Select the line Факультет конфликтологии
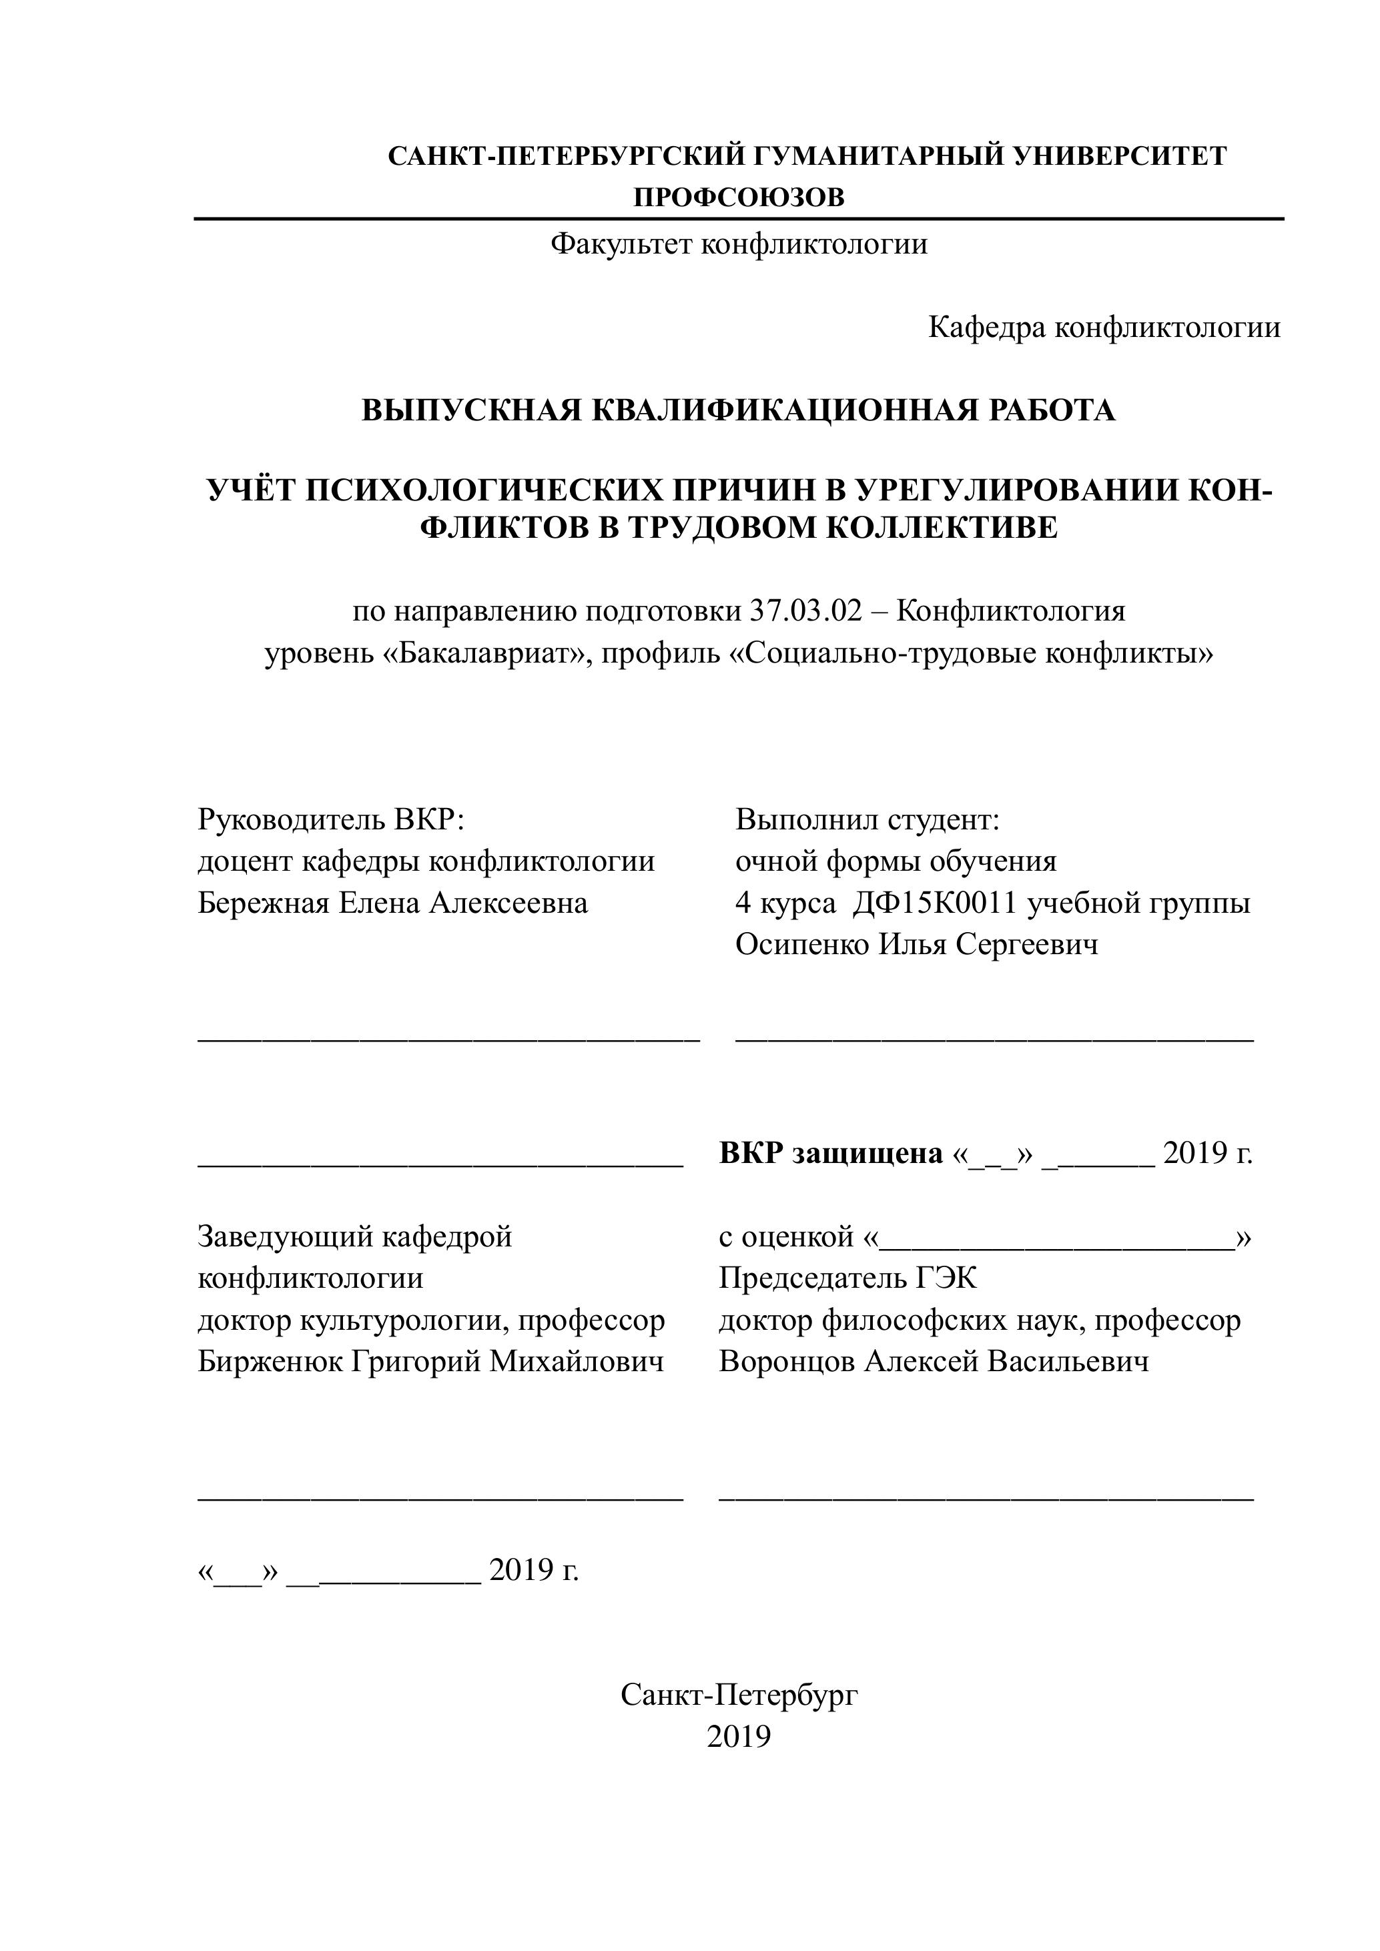tap(739, 245)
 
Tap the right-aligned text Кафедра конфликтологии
tap(1104, 327)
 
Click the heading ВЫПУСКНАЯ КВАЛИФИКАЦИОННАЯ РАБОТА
tap(739, 410)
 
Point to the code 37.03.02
tap(805, 612)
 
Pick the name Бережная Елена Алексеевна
tap(392, 902)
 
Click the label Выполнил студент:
tap(868, 820)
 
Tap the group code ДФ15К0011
tap(935, 902)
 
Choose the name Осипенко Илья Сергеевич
tap(917, 944)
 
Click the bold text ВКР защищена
tap(831, 1153)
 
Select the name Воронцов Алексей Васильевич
tap(934, 1361)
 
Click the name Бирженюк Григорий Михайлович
tap(431, 1361)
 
